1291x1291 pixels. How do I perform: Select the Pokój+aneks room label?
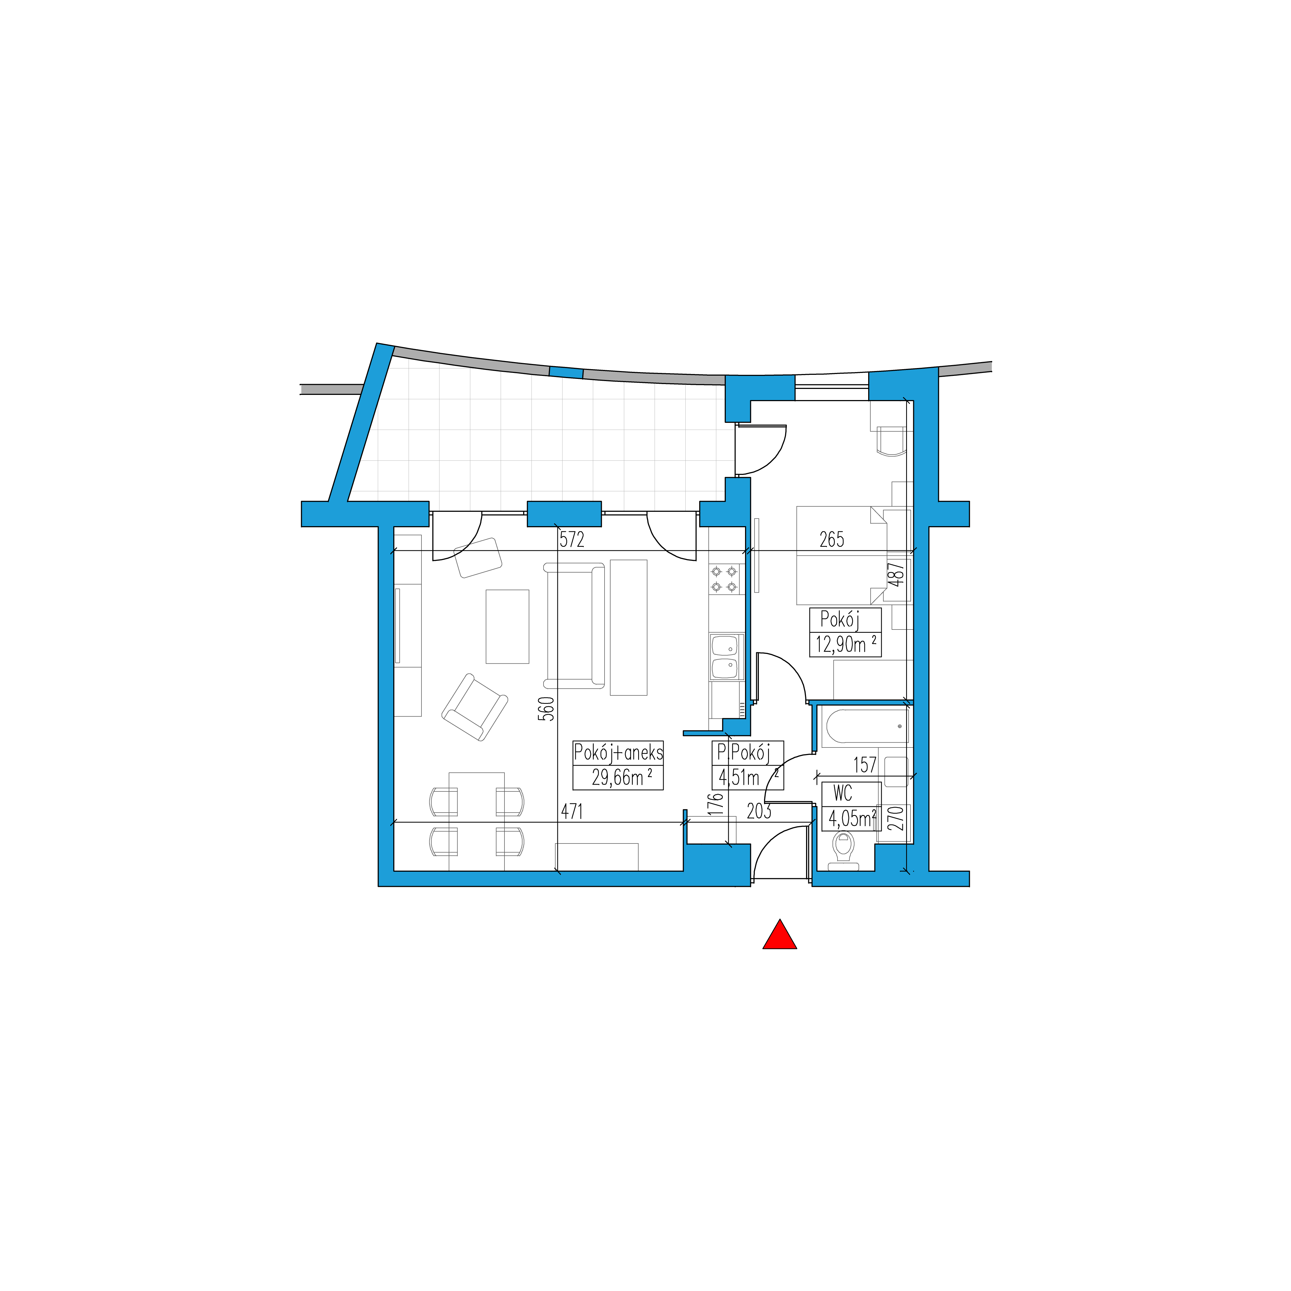click(618, 753)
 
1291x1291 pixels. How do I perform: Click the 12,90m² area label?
click(845, 645)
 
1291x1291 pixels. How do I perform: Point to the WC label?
click(843, 794)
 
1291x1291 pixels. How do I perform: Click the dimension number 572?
click(572, 539)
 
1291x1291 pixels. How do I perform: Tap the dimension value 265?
click(832, 539)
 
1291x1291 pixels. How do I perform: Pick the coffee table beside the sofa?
click(507, 626)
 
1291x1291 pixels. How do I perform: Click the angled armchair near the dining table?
click(474, 707)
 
